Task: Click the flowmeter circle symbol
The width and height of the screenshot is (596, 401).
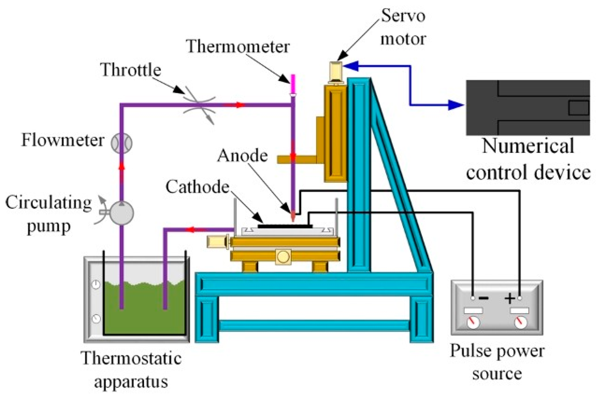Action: pos(122,143)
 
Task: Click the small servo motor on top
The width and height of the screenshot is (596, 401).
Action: pos(336,71)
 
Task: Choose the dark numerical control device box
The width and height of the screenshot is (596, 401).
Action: pos(528,108)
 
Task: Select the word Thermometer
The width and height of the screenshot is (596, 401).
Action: pos(238,46)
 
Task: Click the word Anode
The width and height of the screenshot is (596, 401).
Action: pos(242,156)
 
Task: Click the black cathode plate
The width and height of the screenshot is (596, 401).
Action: pos(285,226)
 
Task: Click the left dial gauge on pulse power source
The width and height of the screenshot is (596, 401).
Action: pos(473,322)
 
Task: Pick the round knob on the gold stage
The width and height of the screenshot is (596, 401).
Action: pos(283,257)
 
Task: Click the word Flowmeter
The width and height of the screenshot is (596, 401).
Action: pos(63,140)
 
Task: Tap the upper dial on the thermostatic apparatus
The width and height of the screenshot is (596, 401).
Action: pos(96,285)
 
